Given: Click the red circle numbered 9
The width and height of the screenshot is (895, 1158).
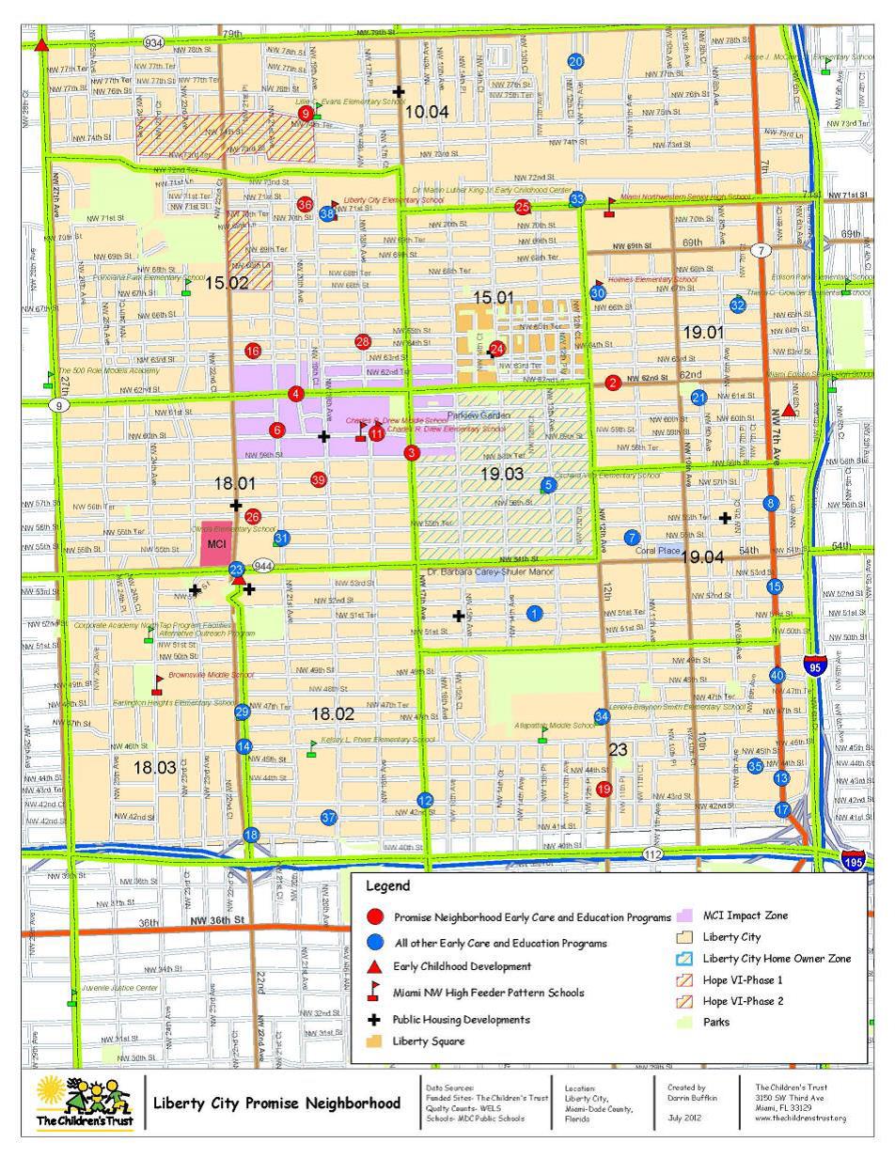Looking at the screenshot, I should [305, 114].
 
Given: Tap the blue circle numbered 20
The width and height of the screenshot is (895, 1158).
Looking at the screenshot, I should [575, 62].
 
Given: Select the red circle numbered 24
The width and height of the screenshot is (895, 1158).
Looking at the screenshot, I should [497, 349].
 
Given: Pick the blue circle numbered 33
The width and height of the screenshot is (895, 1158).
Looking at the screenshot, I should [577, 198].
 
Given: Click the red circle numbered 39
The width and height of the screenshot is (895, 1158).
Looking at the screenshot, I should [318, 480].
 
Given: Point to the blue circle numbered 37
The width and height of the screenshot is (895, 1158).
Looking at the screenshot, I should [328, 818].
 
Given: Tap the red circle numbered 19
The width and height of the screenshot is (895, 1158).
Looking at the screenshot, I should [604, 789].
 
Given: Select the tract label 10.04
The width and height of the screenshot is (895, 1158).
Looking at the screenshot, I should [427, 112].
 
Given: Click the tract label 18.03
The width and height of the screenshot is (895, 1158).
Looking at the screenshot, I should [154, 768].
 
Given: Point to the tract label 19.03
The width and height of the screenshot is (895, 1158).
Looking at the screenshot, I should [502, 475].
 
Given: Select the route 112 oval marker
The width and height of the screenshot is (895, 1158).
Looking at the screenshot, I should [654, 853].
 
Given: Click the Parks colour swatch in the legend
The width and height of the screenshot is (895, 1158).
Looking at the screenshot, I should [685, 1023].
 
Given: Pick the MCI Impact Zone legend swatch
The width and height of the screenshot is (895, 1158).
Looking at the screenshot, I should [685, 915].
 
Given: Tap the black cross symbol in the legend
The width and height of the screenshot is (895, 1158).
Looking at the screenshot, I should [374, 1020].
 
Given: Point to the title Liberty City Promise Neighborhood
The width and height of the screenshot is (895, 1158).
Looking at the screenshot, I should [276, 1103].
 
